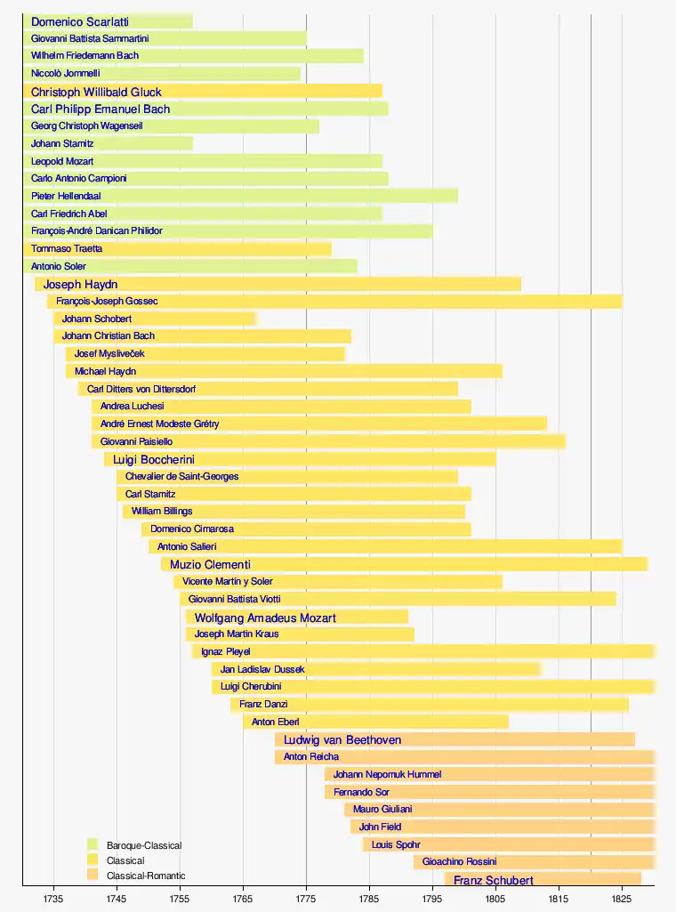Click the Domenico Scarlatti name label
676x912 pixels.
(x=80, y=21)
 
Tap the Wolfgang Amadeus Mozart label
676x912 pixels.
(x=265, y=617)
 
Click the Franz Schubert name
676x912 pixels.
(x=494, y=881)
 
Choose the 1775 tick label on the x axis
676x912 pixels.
(x=306, y=898)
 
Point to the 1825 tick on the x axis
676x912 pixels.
(x=622, y=898)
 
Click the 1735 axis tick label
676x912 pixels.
(x=54, y=898)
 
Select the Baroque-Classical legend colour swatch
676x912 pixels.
(x=93, y=844)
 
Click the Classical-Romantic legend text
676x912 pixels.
(x=146, y=876)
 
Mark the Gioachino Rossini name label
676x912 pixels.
(x=459, y=862)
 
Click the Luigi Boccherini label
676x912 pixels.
(x=154, y=459)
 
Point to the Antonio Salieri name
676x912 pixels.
(x=187, y=546)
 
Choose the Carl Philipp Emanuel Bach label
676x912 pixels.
(x=101, y=109)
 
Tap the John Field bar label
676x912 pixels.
(x=380, y=827)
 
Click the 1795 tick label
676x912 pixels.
(x=432, y=898)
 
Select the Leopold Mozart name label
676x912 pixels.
(x=62, y=162)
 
